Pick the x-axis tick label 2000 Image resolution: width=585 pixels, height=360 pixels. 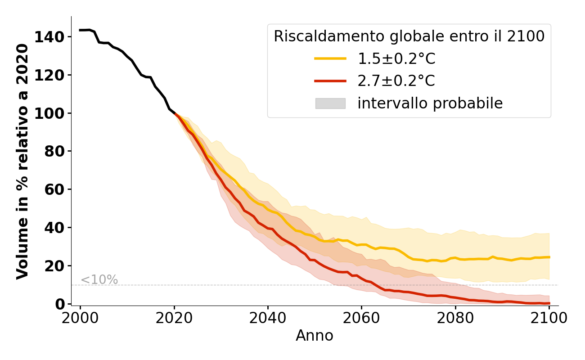[81, 319]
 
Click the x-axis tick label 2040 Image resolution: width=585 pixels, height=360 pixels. [268, 319]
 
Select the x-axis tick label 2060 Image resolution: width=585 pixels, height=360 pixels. [361, 319]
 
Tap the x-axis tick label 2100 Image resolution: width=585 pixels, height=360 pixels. [549, 319]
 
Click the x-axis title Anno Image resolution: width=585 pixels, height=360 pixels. [315, 336]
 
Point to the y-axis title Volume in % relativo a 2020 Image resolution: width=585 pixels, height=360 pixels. [22, 161]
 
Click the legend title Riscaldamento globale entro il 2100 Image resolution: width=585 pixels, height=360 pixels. [409, 36]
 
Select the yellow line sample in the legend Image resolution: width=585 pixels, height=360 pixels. [330, 58]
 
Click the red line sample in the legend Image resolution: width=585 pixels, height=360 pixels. [330, 81]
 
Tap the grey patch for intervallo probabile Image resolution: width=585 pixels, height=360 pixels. [330, 103]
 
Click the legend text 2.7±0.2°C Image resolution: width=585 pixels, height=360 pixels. [396, 81]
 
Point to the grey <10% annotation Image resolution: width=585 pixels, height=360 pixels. [99, 280]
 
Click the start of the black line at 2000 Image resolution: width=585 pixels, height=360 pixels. [81, 30]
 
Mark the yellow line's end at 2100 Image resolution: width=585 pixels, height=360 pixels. [549, 257]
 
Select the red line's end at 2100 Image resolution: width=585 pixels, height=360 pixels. [549, 303]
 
